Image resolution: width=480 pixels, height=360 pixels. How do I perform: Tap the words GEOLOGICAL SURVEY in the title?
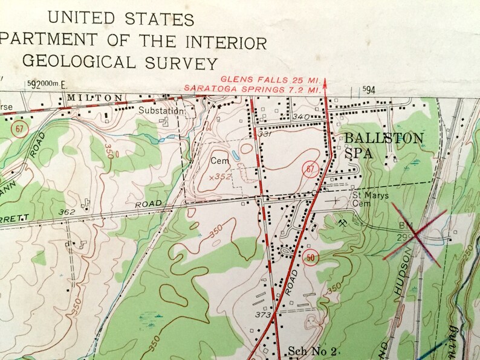pyautogui.click(x=118, y=63)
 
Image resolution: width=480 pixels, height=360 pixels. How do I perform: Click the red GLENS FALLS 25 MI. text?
pyautogui.click(x=270, y=79)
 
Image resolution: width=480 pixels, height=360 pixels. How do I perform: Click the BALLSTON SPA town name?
pyautogui.click(x=383, y=146)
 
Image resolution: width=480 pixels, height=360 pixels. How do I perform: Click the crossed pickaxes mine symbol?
pyautogui.click(x=343, y=223)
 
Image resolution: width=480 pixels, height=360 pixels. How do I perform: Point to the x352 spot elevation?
pyautogui.click(x=220, y=177)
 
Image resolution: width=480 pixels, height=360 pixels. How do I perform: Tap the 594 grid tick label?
pyautogui.click(x=369, y=89)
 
